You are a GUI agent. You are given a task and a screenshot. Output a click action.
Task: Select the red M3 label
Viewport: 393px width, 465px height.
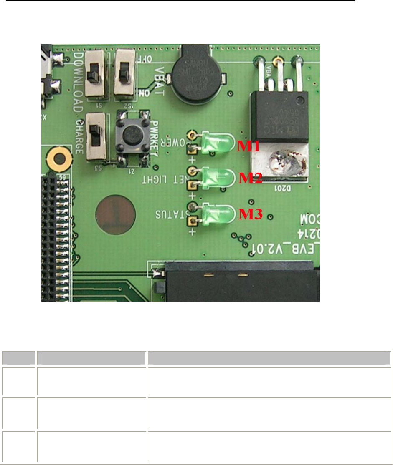(250, 214)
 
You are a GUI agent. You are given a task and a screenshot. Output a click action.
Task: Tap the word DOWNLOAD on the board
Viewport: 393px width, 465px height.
(78, 81)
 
